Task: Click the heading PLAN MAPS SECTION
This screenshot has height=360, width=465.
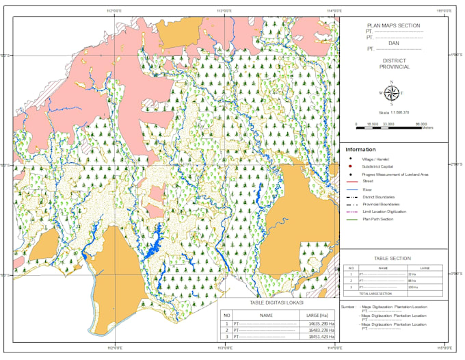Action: [393, 25]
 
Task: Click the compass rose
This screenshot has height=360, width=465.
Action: [392, 93]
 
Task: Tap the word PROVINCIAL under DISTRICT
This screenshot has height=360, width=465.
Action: [393, 67]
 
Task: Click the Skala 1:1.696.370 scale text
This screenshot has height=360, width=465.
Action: [393, 112]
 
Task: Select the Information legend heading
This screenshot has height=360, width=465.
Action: [360, 149]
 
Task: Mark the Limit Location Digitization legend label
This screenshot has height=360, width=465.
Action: [384, 211]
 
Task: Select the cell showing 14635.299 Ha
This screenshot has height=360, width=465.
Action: [321, 322]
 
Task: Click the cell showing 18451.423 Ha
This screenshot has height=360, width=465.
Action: [321, 337]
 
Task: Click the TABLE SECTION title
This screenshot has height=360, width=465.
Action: [393, 258]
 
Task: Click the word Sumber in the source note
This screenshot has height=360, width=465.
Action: [347, 307]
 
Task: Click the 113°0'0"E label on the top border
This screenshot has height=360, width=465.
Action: [224, 11]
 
